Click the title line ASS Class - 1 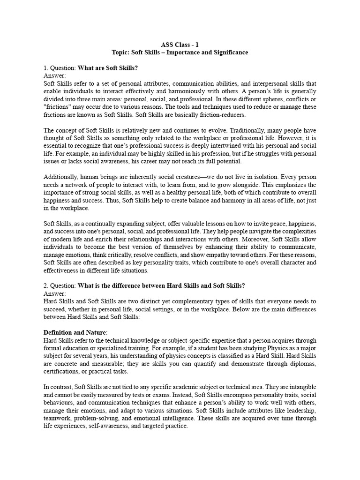(180, 45)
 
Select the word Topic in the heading (120, 52)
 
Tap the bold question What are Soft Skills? (107, 68)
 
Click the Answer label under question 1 (54, 75)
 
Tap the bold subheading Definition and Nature (77, 332)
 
